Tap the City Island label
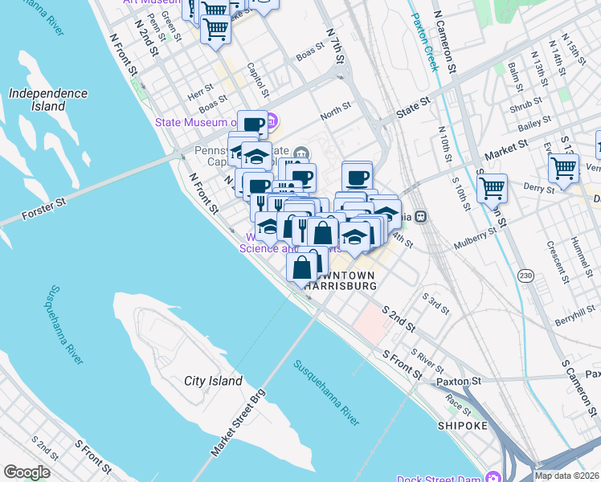pyautogui.click(x=213, y=381)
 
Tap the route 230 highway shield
pyautogui.click(x=525, y=276)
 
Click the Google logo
pyautogui.click(x=27, y=472)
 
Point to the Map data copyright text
pyautogui.click(x=566, y=476)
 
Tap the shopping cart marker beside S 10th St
pyautogui.click(x=492, y=188)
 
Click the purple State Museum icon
pyautogui.click(x=272, y=123)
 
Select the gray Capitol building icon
pyautogui.click(x=300, y=153)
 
